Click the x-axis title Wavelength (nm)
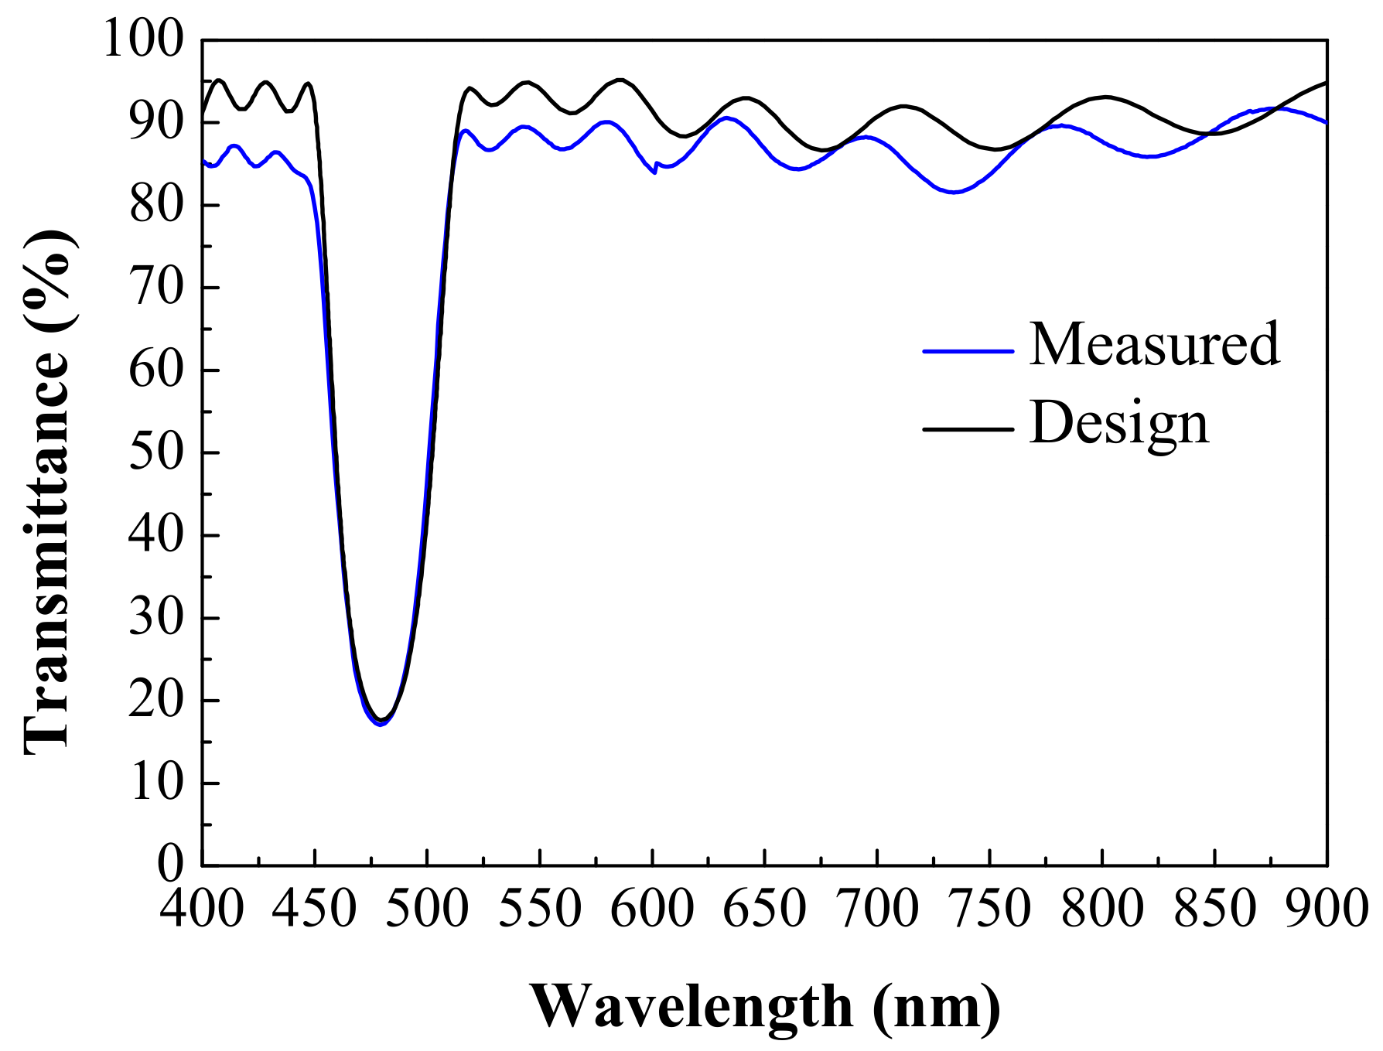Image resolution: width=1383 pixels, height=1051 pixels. (764, 1006)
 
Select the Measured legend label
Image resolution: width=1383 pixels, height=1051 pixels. (1154, 344)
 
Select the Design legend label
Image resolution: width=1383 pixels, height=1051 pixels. (1119, 423)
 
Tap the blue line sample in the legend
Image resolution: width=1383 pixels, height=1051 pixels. (968, 351)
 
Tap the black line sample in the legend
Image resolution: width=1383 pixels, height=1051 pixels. (968, 428)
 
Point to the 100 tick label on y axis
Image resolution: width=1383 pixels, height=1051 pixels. (144, 39)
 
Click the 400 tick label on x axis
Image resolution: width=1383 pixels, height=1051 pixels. (202, 909)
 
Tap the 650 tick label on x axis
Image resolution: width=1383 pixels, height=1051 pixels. (764, 909)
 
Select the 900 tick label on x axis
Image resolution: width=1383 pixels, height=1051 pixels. (1327, 909)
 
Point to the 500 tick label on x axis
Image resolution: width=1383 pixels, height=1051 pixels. (427, 909)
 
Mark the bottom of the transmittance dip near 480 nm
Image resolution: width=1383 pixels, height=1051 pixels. (380, 722)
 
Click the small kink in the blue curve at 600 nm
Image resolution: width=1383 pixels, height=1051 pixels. (655, 171)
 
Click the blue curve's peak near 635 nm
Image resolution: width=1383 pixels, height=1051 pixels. (726, 118)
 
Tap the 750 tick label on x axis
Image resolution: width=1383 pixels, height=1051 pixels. (989, 909)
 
